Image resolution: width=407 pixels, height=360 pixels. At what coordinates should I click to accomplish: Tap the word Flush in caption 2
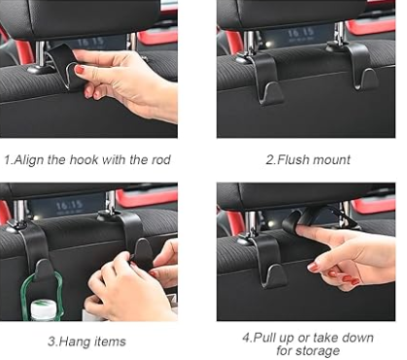(x=291, y=158)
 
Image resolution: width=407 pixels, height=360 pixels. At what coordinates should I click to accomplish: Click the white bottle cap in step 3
(x=43, y=310)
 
